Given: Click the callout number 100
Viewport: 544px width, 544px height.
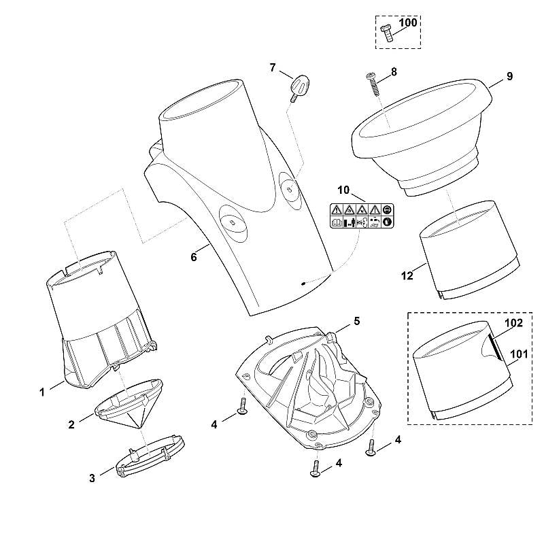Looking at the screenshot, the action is (x=407, y=22).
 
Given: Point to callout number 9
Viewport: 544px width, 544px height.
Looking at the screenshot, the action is (x=509, y=76).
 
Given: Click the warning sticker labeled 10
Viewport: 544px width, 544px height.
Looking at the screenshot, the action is (x=361, y=216).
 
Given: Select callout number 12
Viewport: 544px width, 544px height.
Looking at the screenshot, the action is (x=407, y=275).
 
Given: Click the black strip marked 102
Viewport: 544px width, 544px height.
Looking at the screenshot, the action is (x=495, y=347).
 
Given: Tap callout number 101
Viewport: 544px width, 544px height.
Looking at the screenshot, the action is (x=519, y=354).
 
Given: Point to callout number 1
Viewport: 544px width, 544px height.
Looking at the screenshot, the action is (x=42, y=392).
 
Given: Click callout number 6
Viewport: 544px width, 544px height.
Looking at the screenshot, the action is (x=194, y=257).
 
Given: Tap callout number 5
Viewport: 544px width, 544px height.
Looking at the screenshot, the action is (x=356, y=321).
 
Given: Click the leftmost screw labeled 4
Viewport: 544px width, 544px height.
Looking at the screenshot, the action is (x=242, y=407).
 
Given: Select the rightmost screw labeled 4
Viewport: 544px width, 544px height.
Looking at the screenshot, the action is (x=371, y=447).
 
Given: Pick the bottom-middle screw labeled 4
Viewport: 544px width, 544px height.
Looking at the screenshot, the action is (x=316, y=469).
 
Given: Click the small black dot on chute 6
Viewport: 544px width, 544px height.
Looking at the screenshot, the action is (x=303, y=284).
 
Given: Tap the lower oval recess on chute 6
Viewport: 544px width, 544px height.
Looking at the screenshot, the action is (x=234, y=223).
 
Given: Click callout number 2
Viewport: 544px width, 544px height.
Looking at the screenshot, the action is (x=71, y=424).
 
